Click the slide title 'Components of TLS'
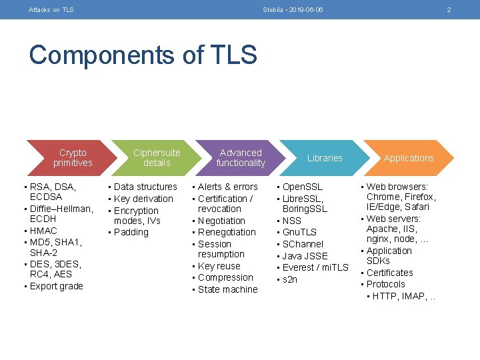[x=143, y=55]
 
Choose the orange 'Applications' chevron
[x=409, y=158]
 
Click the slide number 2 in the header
[x=449, y=10]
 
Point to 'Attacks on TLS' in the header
[x=51, y=10]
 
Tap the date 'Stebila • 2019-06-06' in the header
[x=293, y=10]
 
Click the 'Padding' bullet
[x=131, y=232]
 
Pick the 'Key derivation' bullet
[x=143, y=199]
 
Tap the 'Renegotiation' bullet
[x=227, y=232]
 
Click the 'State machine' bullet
[x=227, y=289]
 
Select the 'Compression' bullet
[x=225, y=277]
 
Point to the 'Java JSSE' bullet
[x=305, y=256]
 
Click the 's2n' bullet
[x=290, y=279]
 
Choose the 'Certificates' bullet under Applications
[x=389, y=273]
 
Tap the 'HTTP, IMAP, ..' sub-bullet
[x=403, y=296]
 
